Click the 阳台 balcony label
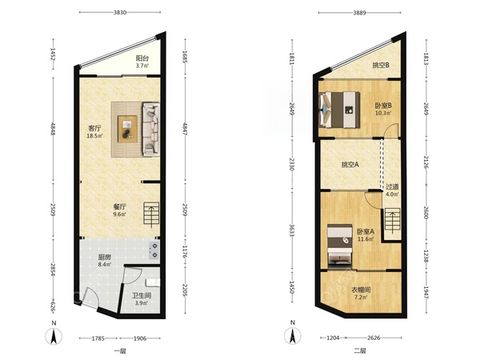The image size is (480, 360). pos(142,58)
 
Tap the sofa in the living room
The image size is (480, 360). pos(151,129)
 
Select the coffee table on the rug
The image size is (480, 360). pos(127,129)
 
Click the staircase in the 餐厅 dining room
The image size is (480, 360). pos(151,215)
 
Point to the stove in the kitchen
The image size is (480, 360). pos(154,250)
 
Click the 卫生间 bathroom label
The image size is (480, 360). pos(142,296)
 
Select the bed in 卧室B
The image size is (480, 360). pos(339,110)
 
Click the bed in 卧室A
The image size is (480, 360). pos(339,245)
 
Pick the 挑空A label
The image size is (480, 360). pos(350,165)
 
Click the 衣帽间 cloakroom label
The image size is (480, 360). pos(361,290)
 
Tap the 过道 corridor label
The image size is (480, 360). pos(392,186)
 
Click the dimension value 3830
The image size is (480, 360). pos(120,13)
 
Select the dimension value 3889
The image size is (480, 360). pos(359,13)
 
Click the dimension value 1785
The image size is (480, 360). pos(98,338)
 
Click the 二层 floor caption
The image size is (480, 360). pos(360,351)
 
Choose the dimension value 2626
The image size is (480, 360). pos(374,338)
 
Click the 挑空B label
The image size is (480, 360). pos(381,66)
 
